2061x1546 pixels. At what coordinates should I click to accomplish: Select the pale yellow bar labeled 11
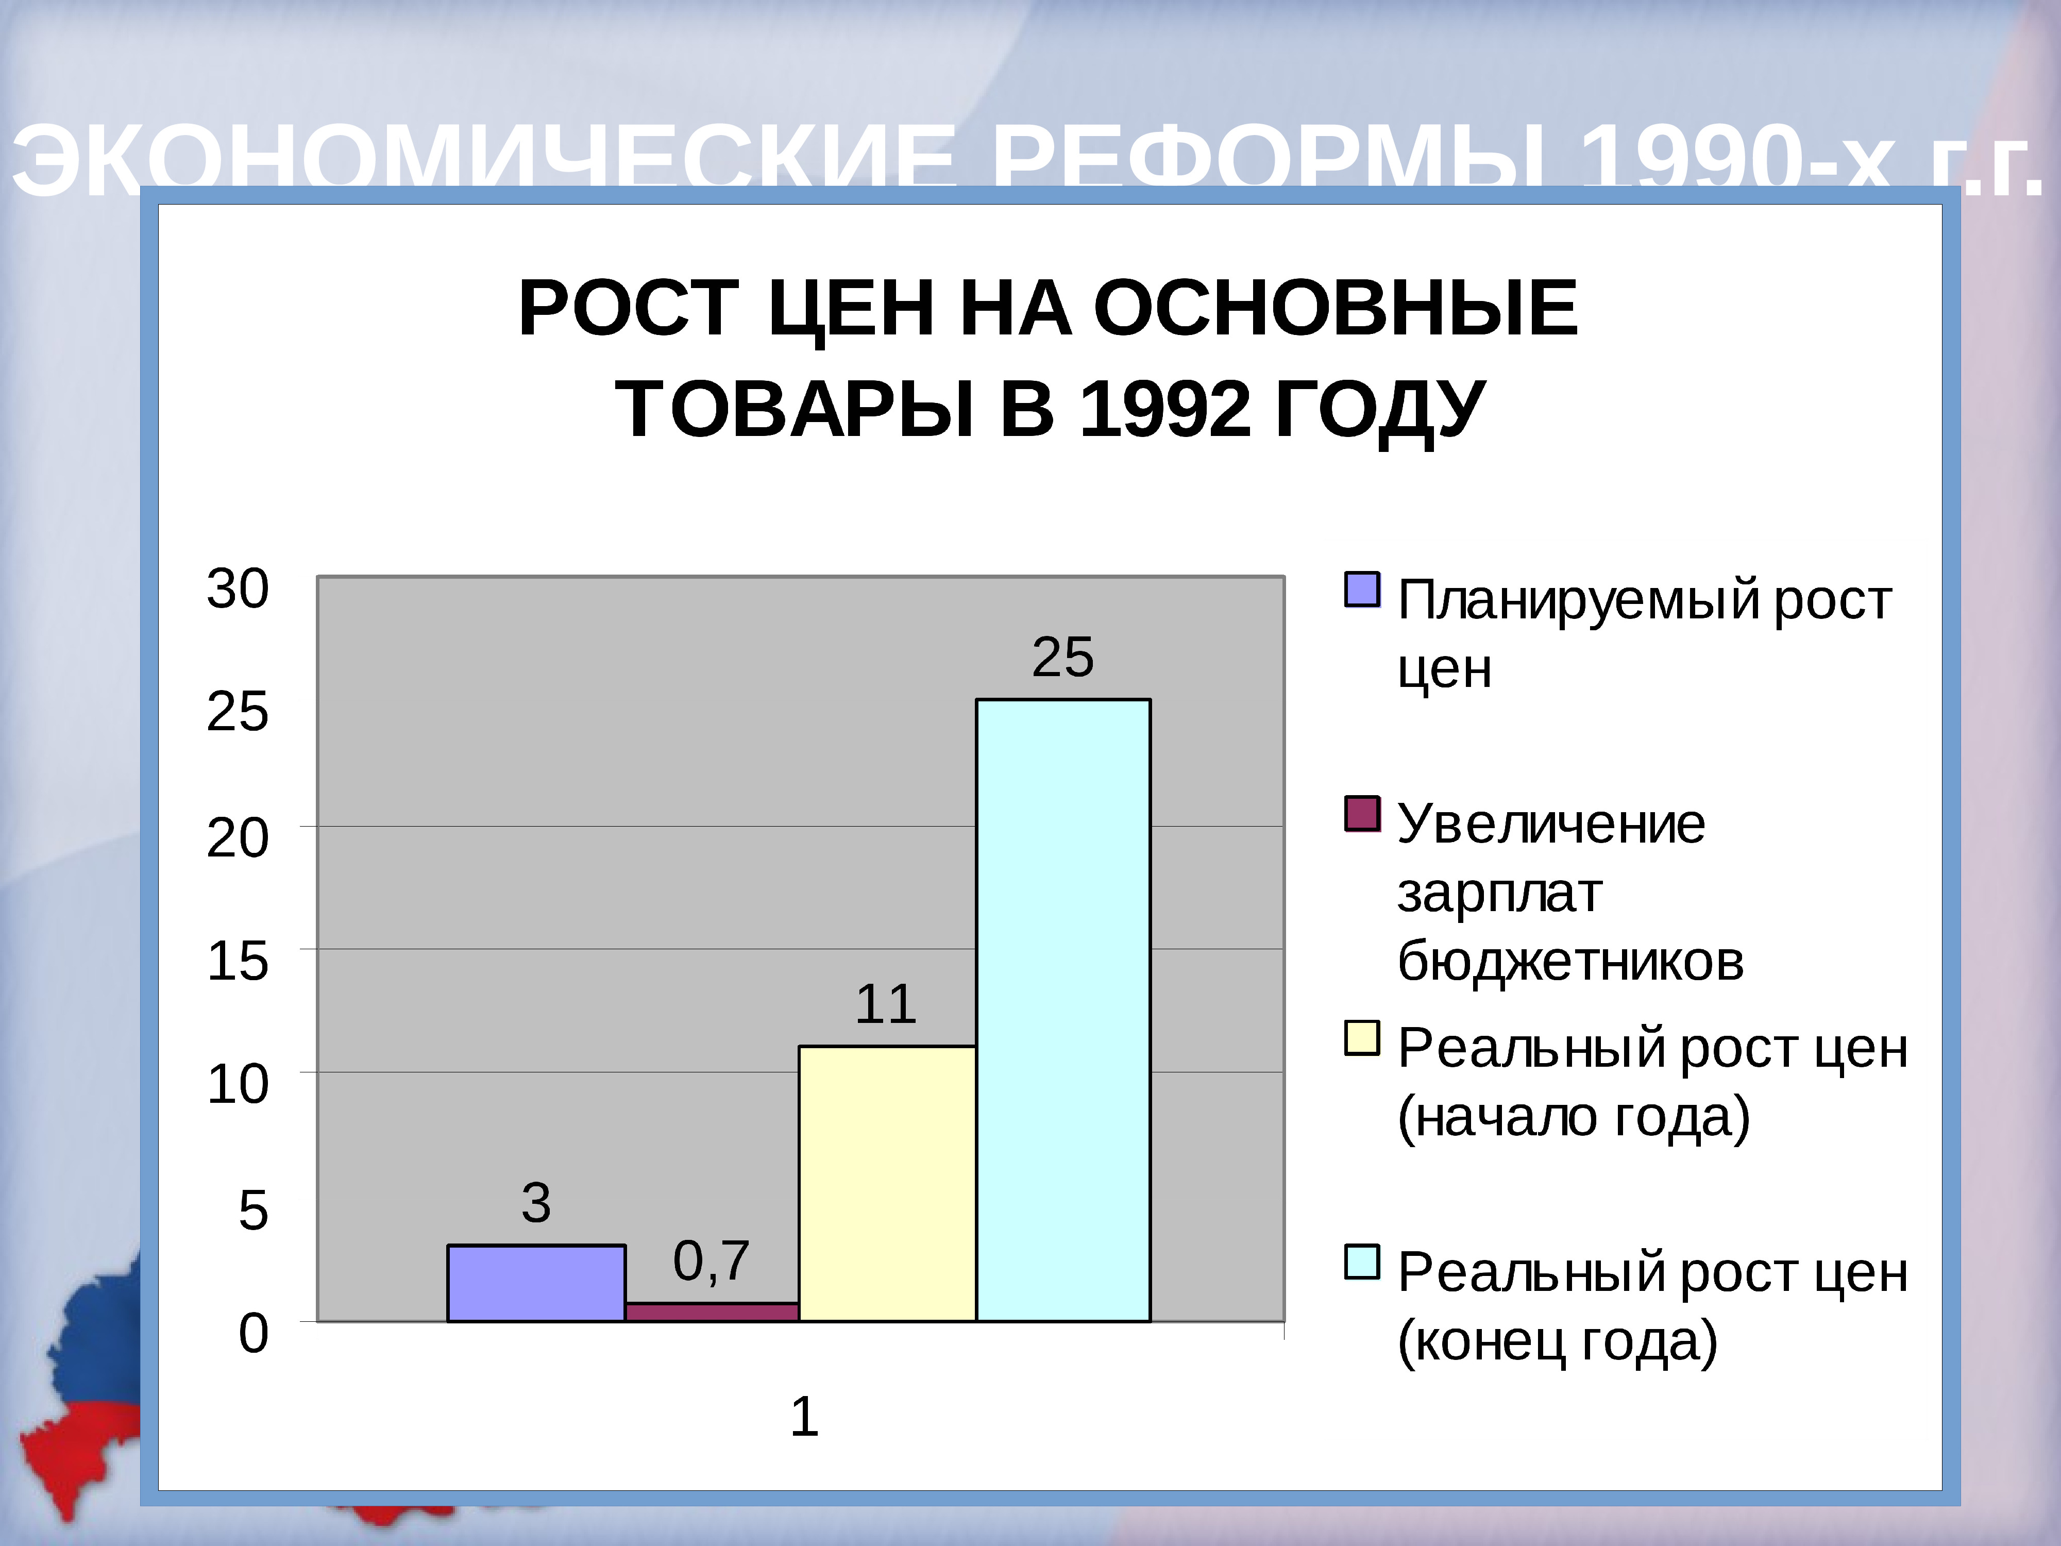pos(887,1184)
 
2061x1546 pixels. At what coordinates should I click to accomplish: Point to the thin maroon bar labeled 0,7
pos(712,1312)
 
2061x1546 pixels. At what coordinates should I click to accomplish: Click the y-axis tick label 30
pos(238,589)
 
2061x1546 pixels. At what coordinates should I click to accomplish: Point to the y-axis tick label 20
pos(238,838)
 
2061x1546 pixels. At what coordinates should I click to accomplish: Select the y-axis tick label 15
pos(238,962)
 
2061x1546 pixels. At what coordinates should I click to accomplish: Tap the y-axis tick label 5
pos(252,1211)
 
